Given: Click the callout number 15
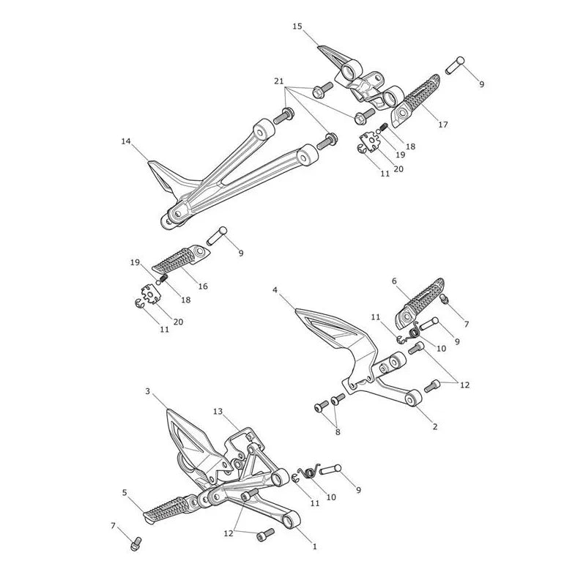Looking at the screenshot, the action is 297,26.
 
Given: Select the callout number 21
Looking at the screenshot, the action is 279,81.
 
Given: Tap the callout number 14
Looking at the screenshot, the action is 126,141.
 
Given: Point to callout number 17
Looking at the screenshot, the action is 443,125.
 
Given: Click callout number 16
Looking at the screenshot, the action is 203,286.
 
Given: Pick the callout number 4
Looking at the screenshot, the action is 275,290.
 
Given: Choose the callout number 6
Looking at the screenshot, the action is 394,281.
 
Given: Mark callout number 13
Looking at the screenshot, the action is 218,412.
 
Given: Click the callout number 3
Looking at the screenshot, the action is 148,391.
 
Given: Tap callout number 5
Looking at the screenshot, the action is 125,492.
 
